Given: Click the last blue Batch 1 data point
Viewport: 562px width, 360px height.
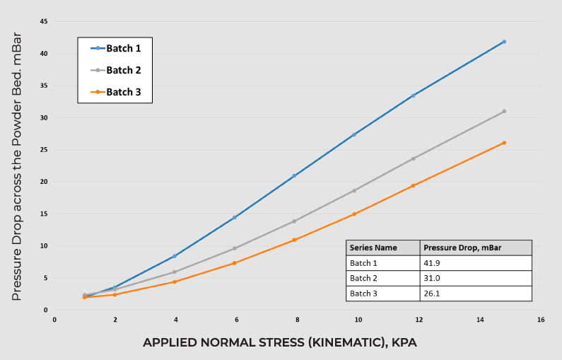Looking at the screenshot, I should (504, 42).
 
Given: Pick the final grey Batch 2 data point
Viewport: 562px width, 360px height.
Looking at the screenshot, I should (504, 111).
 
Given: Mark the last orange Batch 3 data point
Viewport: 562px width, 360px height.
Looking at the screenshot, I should (504, 143).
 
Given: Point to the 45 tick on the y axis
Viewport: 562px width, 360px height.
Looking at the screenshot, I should (44, 21).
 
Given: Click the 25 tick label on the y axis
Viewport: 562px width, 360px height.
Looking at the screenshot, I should (44, 149).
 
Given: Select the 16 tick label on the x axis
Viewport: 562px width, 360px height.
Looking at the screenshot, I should (541, 320).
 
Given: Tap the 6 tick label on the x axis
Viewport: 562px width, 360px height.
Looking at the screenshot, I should (237, 320).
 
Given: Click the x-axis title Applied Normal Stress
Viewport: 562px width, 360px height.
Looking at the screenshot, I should (280, 342).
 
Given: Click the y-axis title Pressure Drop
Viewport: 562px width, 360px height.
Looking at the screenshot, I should (16, 166).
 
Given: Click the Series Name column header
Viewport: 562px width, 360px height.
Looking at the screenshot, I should (382, 248).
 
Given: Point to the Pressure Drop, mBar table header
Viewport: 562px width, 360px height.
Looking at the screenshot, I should (475, 248).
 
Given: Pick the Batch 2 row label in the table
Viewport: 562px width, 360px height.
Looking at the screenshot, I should (382, 278).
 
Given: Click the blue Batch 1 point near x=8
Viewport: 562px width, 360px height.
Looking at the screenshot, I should (294, 175).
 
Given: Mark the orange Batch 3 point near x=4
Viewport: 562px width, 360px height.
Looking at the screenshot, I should (175, 281).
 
